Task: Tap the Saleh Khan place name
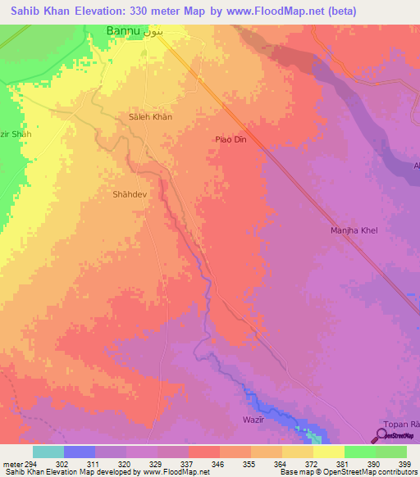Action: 150,117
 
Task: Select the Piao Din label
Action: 231,140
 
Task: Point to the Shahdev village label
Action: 130,195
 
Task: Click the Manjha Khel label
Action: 354,231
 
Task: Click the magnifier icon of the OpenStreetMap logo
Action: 381,435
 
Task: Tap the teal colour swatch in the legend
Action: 48,452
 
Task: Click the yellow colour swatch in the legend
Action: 328,452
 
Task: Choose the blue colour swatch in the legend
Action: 80,452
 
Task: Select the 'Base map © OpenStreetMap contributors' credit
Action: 348,472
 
